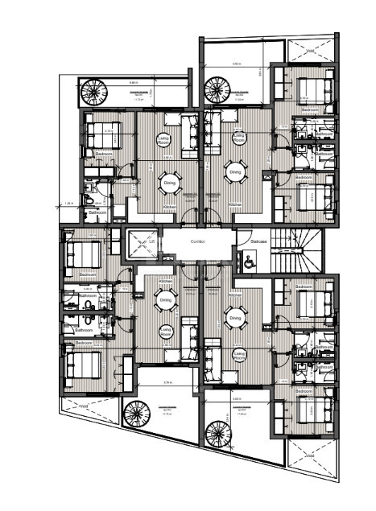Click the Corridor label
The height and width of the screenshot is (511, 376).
[x=198, y=241]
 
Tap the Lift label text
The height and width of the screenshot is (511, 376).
[x=151, y=241]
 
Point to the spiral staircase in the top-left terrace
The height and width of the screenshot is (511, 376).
[x=92, y=90]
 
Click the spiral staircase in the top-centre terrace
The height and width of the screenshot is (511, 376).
[x=217, y=86]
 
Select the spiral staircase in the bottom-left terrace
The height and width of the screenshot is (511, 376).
[x=137, y=414]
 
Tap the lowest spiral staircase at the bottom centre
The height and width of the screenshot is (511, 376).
[x=218, y=434]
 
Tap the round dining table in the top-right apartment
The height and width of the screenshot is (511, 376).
[x=235, y=171]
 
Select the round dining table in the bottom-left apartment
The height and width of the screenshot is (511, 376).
[x=164, y=303]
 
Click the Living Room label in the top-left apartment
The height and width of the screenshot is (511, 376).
[x=163, y=139]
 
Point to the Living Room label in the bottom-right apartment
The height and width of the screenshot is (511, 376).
[x=239, y=354]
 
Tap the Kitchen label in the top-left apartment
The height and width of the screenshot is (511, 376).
[x=170, y=207]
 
